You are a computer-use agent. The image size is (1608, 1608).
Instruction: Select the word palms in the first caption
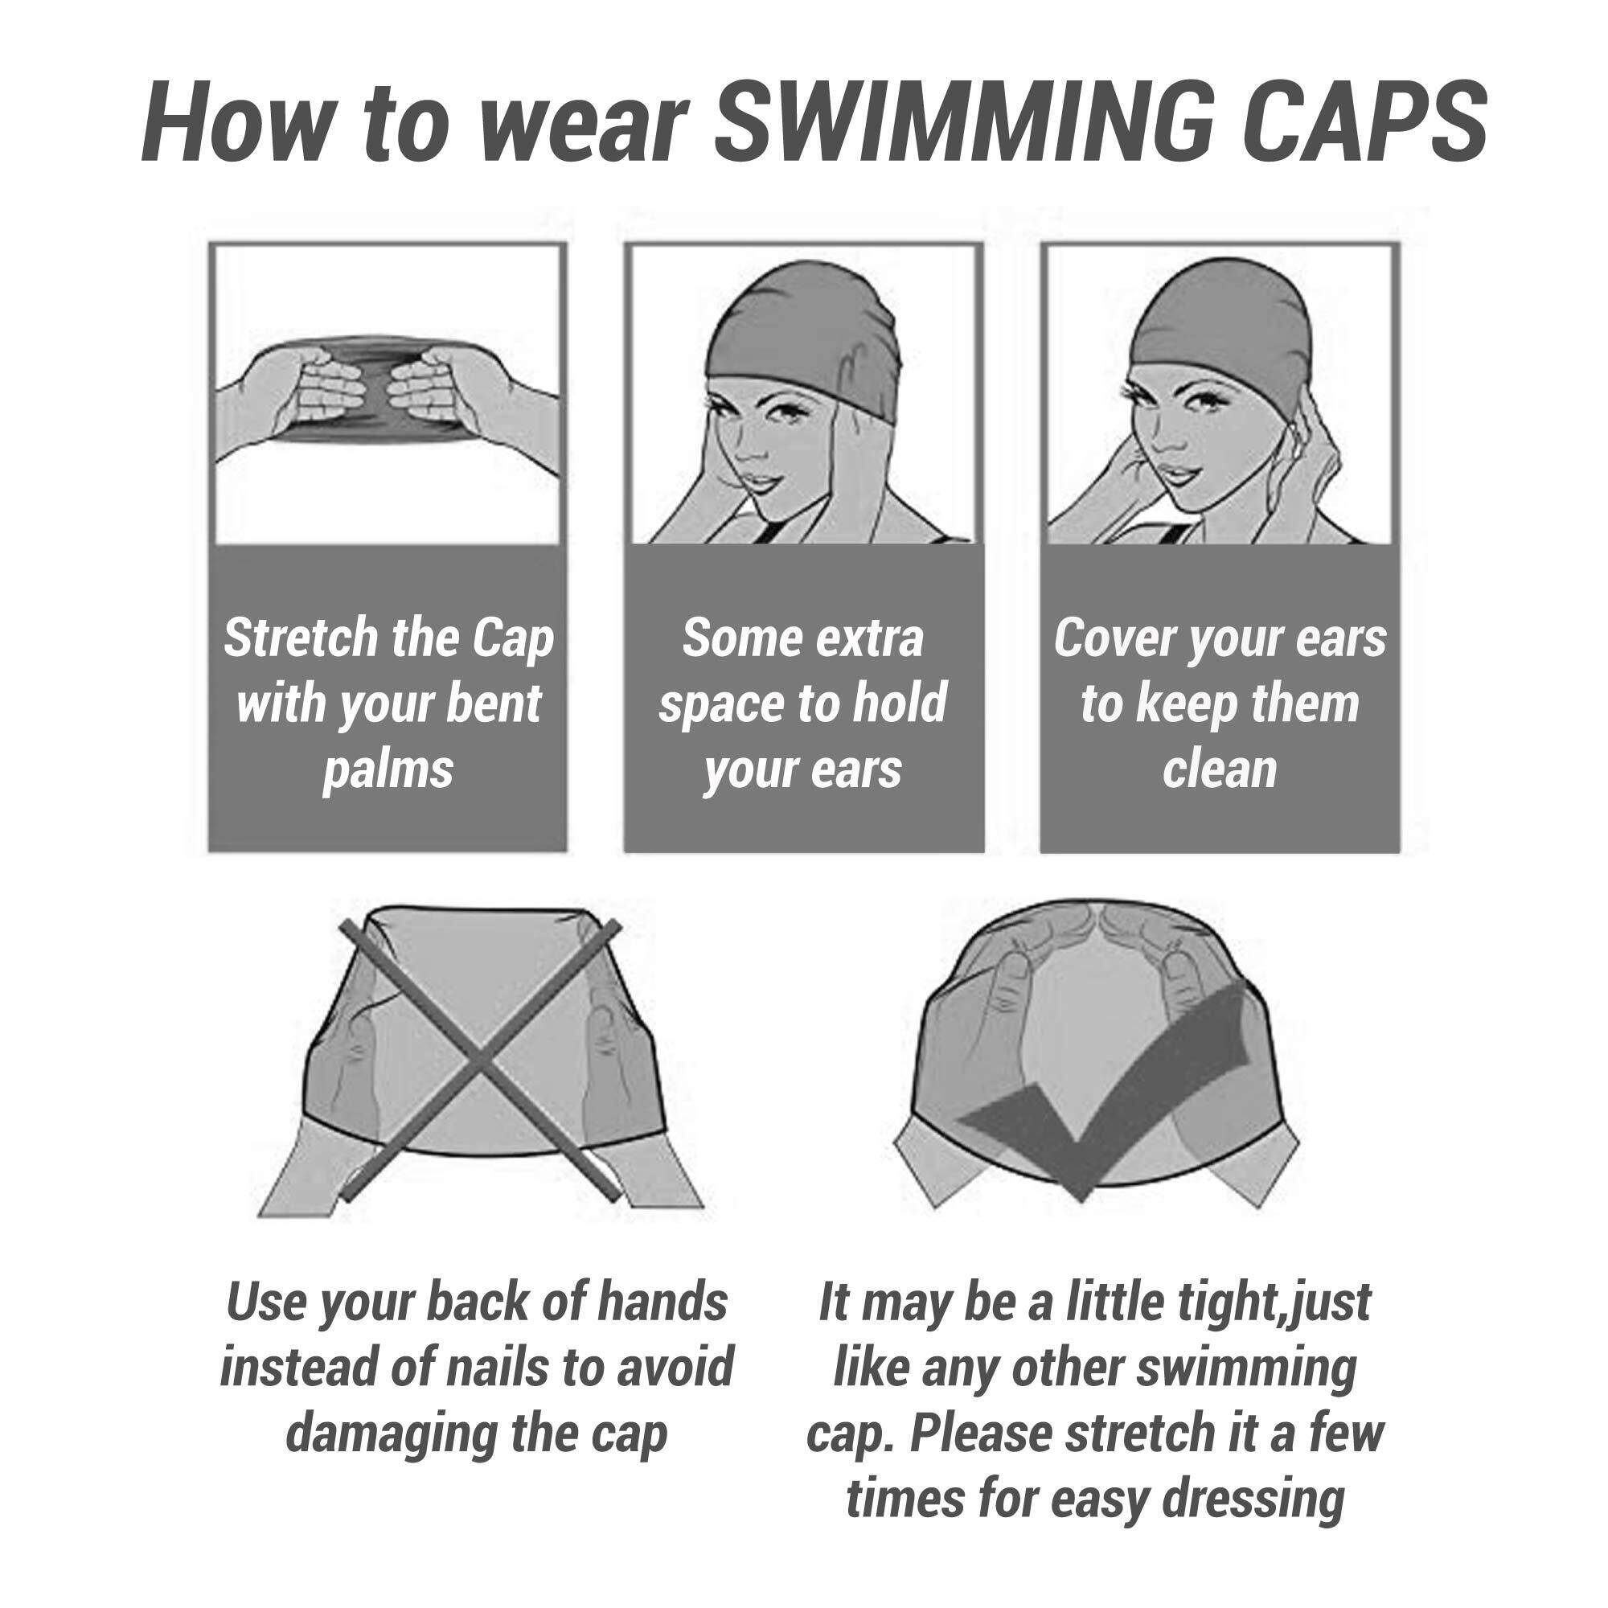click(x=388, y=770)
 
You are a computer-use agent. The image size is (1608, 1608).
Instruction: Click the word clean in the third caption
click(x=1220, y=770)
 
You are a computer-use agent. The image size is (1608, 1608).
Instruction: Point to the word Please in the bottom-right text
click(x=981, y=1434)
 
